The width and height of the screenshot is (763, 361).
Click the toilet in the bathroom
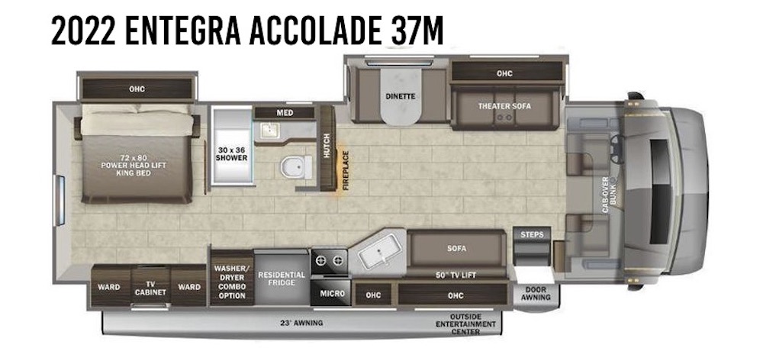tap(293, 166)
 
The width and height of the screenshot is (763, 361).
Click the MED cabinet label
tap(284, 113)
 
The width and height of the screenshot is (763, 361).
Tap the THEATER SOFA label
tap(504, 105)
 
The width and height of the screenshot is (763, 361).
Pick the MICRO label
tap(332, 293)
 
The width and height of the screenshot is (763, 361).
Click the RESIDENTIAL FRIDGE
tap(282, 279)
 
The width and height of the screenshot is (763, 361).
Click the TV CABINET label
tap(150, 288)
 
